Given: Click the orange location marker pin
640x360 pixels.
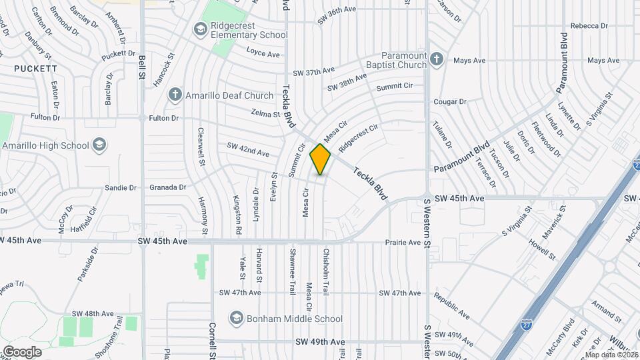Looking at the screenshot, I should (x=321, y=159).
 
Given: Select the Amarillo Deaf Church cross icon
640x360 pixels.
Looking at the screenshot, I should (x=175, y=94).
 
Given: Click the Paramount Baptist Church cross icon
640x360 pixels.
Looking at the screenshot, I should (x=437, y=59).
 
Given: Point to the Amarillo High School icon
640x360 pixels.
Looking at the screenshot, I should (x=99, y=145).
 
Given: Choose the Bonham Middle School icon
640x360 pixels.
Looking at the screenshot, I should (x=236, y=319).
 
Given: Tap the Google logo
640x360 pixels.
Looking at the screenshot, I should (x=21, y=351).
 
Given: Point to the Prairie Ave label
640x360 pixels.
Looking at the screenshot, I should (x=403, y=242).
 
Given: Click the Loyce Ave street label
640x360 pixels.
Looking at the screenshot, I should (x=263, y=53).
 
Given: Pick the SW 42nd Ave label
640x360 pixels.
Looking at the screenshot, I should (x=247, y=150).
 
